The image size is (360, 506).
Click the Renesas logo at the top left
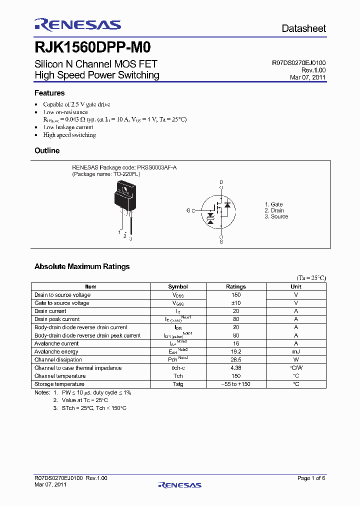click(x=77, y=24)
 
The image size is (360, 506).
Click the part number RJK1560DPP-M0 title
click(x=92, y=47)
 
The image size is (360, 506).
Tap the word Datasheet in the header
click(x=303, y=28)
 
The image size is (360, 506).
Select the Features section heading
click(x=49, y=93)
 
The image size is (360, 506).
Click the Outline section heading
click(x=47, y=150)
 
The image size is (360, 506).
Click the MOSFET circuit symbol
click(x=218, y=211)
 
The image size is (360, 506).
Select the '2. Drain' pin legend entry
click(x=274, y=210)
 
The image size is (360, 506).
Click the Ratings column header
click(x=236, y=286)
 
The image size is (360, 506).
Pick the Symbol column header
click(x=178, y=286)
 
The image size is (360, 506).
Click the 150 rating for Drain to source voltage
click(x=236, y=295)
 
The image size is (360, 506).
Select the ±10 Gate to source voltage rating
click(x=236, y=303)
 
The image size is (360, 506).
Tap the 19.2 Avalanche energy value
click(x=236, y=351)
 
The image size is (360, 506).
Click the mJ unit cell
click(x=296, y=351)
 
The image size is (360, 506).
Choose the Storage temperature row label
click(x=59, y=384)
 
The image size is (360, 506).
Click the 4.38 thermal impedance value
click(x=236, y=368)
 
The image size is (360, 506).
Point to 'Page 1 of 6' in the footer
click(x=311, y=478)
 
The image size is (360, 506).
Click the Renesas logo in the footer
click(x=179, y=484)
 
